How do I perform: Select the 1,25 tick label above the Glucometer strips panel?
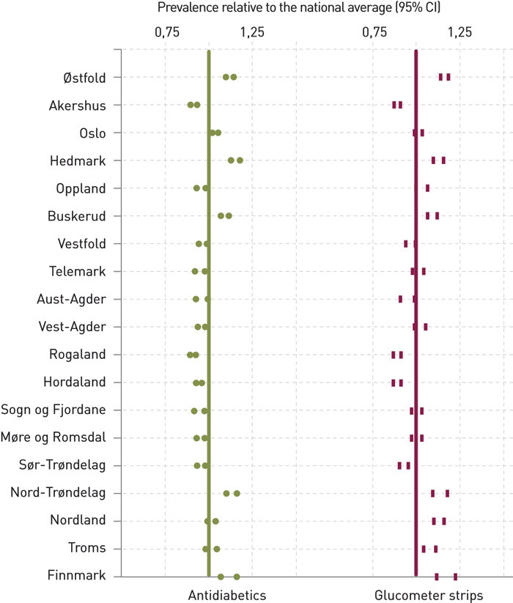tap(460, 32)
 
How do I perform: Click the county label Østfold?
tap(84, 78)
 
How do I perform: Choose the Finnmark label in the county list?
tap(79, 577)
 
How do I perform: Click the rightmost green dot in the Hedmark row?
tap(240, 160)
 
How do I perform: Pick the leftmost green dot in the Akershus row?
tap(191, 105)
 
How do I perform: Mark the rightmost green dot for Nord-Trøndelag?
tap(237, 494)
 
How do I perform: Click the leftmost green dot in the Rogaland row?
tap(190, 355)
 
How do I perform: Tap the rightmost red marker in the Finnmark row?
tap(455, 577)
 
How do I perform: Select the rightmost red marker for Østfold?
tap(449, 77)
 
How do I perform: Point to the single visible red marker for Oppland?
tap(427, 188)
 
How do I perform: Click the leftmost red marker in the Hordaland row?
tap(393, 382)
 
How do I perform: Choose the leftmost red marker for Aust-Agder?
tap(400, 299)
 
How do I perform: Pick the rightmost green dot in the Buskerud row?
tap(229, 216)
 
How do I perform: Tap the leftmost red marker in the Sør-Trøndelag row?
tap(399, 465)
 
